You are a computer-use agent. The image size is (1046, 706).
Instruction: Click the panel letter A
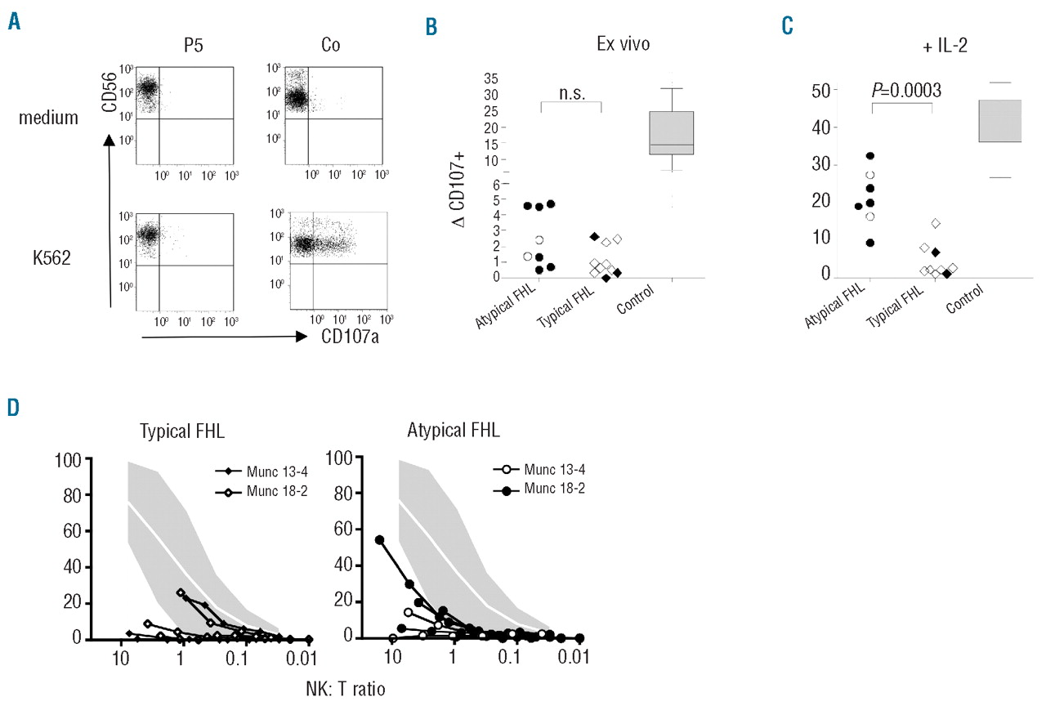[13, 22]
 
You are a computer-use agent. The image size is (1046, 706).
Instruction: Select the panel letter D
[13, 407]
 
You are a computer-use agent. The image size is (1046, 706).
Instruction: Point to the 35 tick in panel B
[491, 78]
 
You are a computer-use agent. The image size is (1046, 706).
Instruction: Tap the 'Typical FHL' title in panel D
[177, 430]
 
